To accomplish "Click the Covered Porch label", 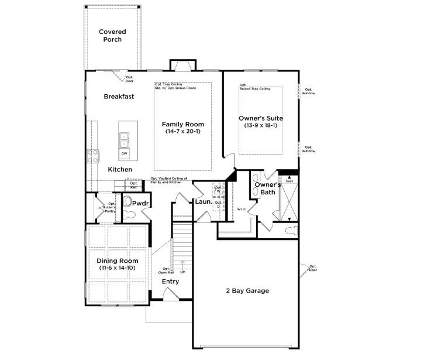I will tap(112, 36).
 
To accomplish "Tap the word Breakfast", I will tap(119, 97).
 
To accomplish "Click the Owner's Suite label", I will tap(261, 118).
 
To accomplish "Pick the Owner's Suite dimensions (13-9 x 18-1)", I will tap(261, 126).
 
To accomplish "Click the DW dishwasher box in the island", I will tap(124, 153).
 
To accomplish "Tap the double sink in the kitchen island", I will tap(124, 140).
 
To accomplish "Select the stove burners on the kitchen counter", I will tap(93, 156).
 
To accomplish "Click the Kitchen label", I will tap(120, 169).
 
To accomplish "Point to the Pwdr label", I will tap(140, 203).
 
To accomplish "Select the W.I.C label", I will tap(241, 209).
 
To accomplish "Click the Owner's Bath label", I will tap(264, 188).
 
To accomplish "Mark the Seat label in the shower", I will tap(288, 181).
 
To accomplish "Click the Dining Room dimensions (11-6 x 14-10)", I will tap(118, 268).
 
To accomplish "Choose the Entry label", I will tap(170, 282).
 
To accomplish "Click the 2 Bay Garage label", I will tap(247, 290).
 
